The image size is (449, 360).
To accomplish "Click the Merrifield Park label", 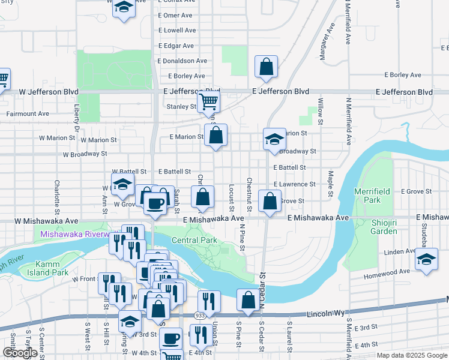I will [x=376, y=195].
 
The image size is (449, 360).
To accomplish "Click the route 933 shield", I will [x=197, y=314].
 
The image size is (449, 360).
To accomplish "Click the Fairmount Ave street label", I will [x=28, y=113].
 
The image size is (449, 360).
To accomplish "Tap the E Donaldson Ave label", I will [x=182, y=61].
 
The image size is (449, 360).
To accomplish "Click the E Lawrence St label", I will [x=294, y=184].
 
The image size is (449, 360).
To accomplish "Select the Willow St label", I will [x=321, y=112].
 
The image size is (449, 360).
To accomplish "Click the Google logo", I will [x=20, y=353].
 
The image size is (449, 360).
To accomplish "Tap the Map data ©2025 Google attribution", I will [x=412, y=355].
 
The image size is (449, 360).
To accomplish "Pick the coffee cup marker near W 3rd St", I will [x=171, y=338].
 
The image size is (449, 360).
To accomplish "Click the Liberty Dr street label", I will [x=77, y=118].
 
